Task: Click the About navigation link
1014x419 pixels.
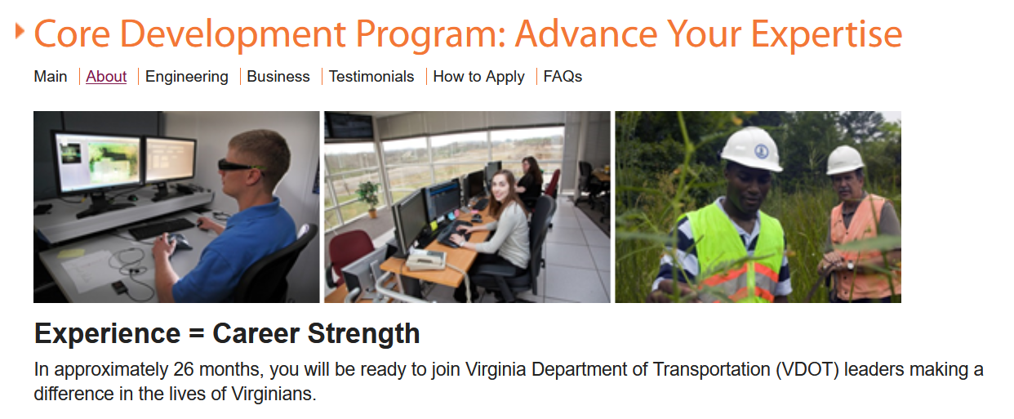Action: tap(106, 77)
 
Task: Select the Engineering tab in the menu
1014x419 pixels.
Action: tap(186, 77)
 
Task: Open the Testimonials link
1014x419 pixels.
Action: tap(371, 77)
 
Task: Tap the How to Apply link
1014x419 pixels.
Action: tap(478, 77)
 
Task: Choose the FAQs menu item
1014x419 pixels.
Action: tap(563, 77)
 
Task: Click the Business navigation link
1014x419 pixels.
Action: tap(278, 77)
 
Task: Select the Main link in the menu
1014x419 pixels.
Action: tap(51, 77)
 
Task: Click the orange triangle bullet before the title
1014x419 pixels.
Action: tap(20, 31)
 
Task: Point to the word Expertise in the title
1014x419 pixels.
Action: tap(826, 35)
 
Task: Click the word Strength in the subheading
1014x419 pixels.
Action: tap(363, 334)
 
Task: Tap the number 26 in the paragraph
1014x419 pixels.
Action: tap(184, 369)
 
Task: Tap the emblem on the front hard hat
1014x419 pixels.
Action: tap(761, 150)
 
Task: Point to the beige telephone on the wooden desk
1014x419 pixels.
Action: tap(426, 260)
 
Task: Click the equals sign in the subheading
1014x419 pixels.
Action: tap(197, 335)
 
